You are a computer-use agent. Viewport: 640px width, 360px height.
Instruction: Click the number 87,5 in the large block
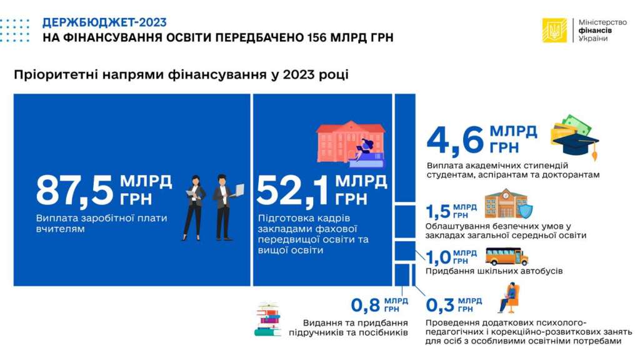pos(74,190)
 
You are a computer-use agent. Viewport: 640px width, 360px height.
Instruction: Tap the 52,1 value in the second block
pos(292,191)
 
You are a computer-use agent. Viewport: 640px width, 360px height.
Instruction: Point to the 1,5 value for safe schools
pos(437,211)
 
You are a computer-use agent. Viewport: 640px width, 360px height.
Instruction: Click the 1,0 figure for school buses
pos(438,257)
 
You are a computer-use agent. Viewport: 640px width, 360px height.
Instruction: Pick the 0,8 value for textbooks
pos(365,305)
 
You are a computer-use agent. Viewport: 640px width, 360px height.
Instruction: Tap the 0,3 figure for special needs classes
pos(440,305)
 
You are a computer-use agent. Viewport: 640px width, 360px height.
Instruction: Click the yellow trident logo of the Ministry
pos(554,30)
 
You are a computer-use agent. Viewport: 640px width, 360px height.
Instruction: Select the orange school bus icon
pos(506,257)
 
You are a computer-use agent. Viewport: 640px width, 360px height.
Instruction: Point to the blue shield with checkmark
pos(524,211)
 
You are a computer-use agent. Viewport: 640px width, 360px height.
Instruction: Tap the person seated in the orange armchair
pos(509,298)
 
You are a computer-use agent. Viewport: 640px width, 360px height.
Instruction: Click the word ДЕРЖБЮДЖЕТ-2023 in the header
pos(104,22)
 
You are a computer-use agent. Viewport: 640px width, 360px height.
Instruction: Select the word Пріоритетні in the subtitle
pos(55,75)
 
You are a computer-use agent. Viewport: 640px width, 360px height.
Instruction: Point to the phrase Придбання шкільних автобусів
pos(494,271)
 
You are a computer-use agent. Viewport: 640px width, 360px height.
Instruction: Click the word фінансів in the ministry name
pos(595,30)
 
